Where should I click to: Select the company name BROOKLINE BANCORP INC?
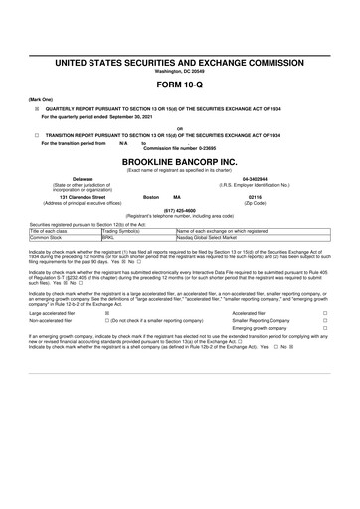[179, 158]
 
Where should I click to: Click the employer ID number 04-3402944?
[286, 179]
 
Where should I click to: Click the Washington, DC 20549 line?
[179, 70]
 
